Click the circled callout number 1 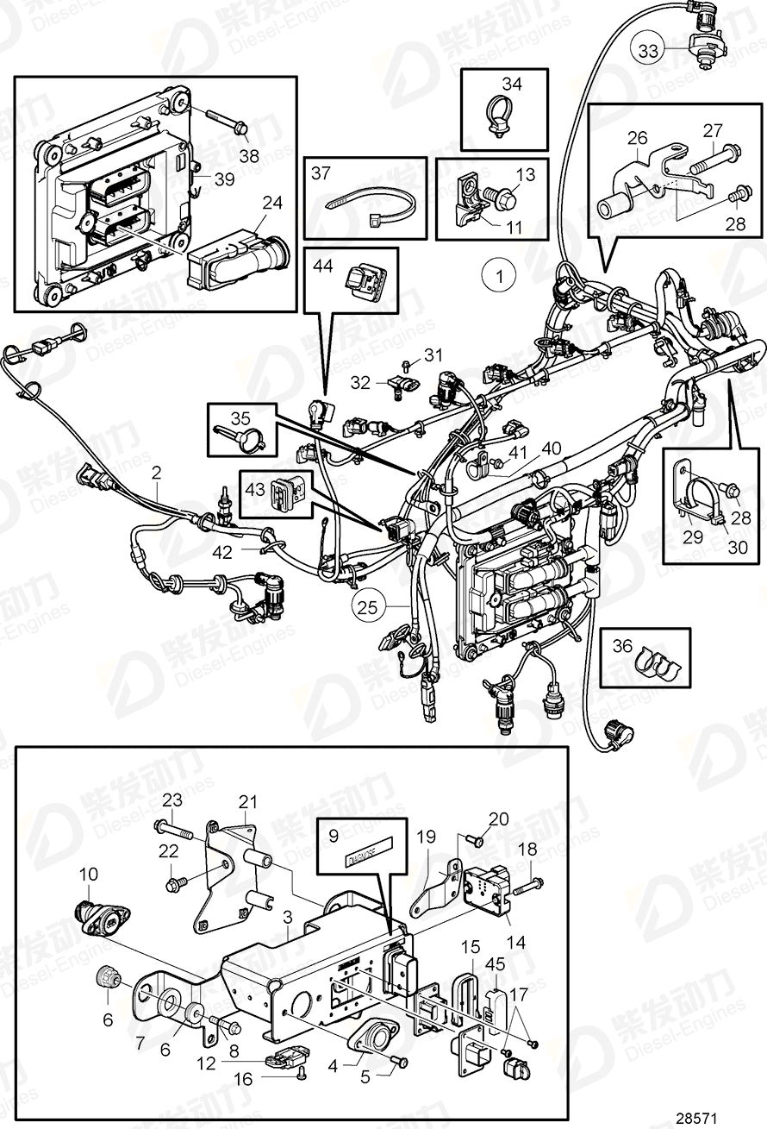click(498, 277)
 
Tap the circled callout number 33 click(648, 51)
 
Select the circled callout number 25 click(368, 607)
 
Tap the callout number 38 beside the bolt click(249, 156)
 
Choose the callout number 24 click(272, 204)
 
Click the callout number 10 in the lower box click(90, 875)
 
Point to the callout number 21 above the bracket click(248, 801)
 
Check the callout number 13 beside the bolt click(525, 174)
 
